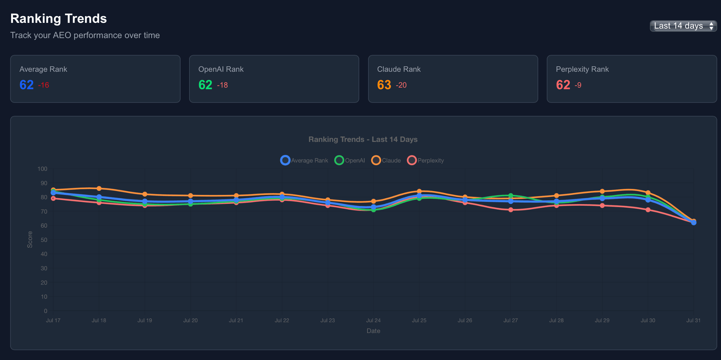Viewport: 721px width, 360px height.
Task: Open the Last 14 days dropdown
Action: click(x=683, y=26)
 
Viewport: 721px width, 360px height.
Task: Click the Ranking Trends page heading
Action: click(x=58, y=18)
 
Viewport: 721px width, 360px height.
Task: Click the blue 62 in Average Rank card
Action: click(x=26, y=85)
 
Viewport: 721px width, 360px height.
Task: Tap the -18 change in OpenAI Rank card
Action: click(x=222, y=85)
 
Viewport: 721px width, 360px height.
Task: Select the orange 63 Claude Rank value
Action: click(x=384, y=85)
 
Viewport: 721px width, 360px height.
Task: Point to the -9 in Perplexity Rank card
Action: click(x=578, y=85)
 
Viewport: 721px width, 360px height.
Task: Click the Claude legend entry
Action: click(x=386, y=160)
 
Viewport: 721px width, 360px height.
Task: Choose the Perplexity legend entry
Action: click(x=426, y=160)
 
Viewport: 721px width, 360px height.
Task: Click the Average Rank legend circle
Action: click(x=285, y=160)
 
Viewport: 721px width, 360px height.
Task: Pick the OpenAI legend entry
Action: click(x=350, y=160)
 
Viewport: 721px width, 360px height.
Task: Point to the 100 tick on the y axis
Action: click(x=42, y=169)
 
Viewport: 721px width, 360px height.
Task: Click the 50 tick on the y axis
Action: click(x=44, y=240)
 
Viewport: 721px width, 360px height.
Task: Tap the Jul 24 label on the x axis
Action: click(x=373, y=320)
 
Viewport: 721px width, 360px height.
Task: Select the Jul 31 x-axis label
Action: click(x=693, y=320)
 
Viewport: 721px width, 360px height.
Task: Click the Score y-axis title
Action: click(x=30, y=239)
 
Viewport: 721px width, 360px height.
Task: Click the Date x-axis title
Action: click(x=373, y=331)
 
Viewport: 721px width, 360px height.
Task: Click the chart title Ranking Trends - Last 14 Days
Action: click(x=363, y=139)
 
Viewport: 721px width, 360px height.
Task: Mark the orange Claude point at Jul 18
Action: click(x=99, y=189)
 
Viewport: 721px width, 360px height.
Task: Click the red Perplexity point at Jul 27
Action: click(x=511, y=210)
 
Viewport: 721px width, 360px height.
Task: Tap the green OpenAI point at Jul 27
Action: click(x=511, y=196)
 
